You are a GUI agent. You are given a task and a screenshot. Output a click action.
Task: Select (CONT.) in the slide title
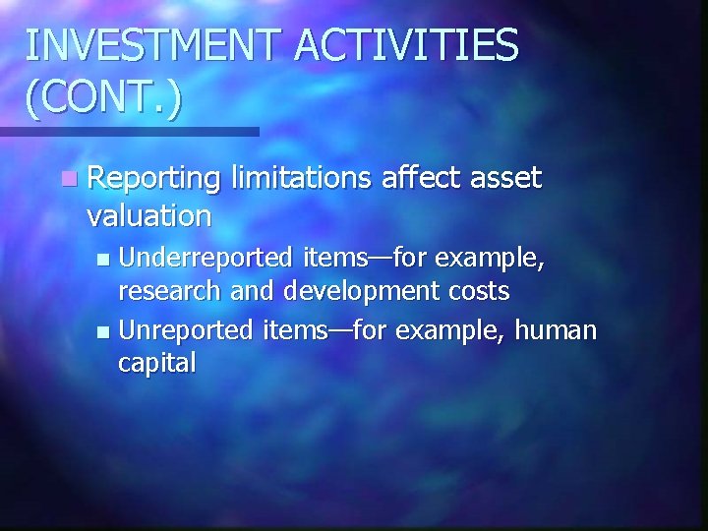pos(103,101)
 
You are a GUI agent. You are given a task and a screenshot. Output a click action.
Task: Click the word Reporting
pos(153,180)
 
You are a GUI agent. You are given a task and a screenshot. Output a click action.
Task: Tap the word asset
pos(505,180)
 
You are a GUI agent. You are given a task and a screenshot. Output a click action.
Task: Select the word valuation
pos(148,214)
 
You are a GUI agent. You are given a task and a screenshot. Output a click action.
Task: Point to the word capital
pos(156,363)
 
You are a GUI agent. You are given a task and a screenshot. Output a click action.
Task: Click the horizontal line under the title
pos(129,131)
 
